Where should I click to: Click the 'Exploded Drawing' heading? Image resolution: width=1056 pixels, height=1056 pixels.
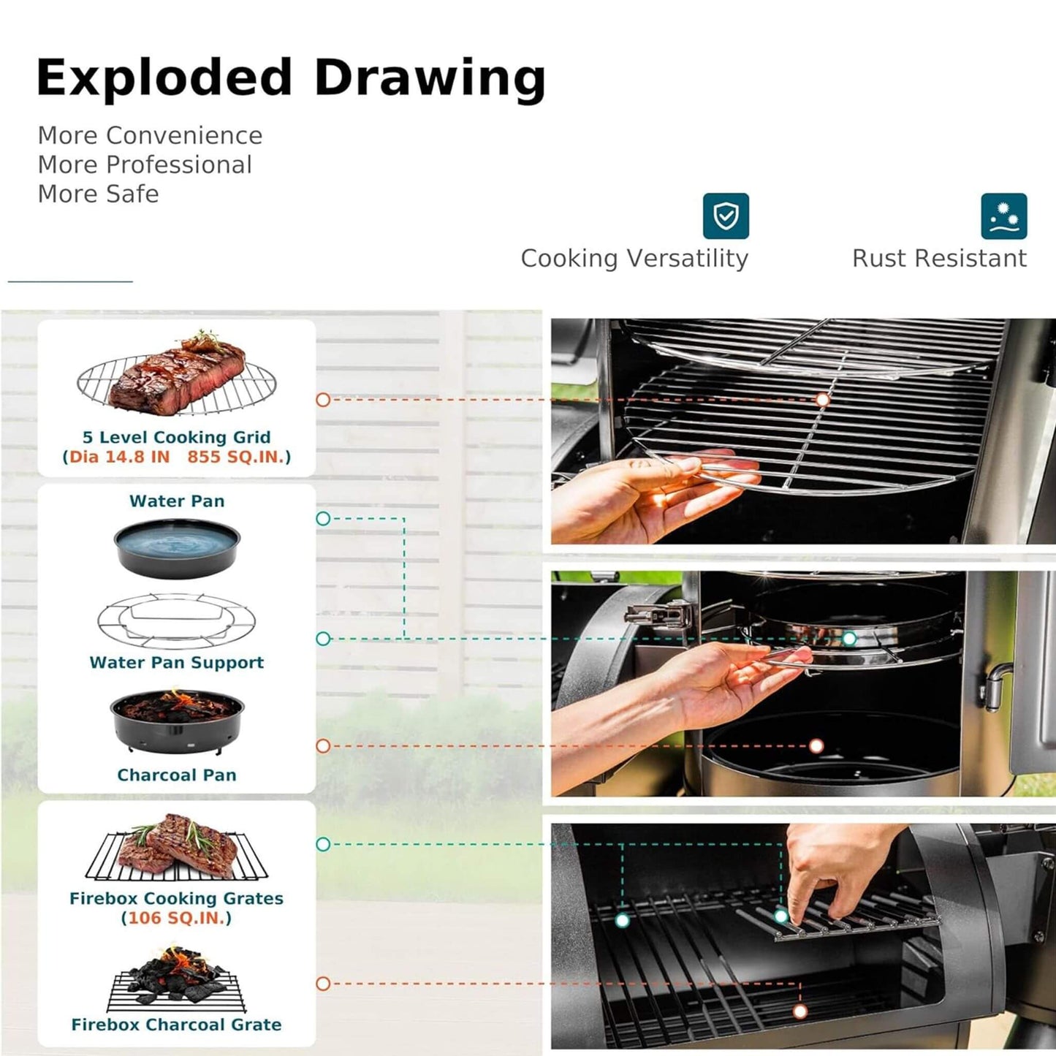tap(291, 78)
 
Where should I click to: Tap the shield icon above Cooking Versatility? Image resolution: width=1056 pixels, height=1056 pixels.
tap(725, 216)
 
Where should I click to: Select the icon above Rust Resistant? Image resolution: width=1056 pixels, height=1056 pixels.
tap(1003, 216)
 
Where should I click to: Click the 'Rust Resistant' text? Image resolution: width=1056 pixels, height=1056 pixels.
tap(939, 258)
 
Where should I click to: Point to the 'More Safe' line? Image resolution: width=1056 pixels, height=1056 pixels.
tap(98, 194)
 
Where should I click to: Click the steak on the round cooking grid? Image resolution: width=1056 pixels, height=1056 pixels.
tap(178, 374)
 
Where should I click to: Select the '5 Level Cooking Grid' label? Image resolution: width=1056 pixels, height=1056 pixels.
tap(176, 437)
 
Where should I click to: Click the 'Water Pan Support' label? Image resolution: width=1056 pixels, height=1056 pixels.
tap(176, 662)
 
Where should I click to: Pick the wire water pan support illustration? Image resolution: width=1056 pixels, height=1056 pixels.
tap(176, 620)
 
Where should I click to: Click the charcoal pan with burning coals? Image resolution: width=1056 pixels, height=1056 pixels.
tap(177, 720)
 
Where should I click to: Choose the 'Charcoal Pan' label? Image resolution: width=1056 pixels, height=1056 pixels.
tap(176, 775)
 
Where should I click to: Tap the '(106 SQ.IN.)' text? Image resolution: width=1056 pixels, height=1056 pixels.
tap(176, 918)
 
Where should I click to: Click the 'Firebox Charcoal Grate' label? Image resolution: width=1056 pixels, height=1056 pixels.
tap(176, 1025)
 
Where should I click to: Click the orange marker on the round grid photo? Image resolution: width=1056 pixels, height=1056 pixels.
tap(823, 400)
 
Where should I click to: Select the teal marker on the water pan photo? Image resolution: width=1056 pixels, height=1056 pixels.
tap(848, 639)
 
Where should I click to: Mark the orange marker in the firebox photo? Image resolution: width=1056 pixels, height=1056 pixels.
tap(800, 1011)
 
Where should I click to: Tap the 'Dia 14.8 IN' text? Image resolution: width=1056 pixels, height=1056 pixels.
tap(119, 457)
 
